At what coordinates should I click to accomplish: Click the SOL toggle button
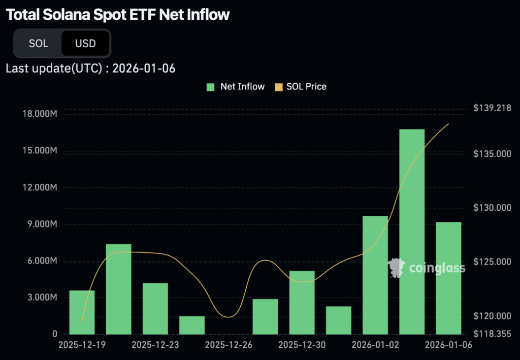pyautogui.click(x=39, y=43)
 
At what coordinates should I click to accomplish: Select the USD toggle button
pyautogui.click(x=85, y=43)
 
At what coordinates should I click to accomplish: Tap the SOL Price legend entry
pyautogui.click(x=301, y=86)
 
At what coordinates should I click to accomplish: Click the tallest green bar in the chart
pyautogui.click(x=411, y=232)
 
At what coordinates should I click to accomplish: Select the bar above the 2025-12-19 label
pyautogui.click(x=82, y=312)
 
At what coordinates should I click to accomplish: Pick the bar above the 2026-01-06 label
pyautogui.click(x=448, y=278)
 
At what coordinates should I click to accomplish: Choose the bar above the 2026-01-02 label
pyautogui.click(x=375, y=275)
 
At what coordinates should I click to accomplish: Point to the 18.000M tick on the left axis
pyautogui.click(x=40, y=114)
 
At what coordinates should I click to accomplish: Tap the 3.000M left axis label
pyautogui.click(x=42, y=298)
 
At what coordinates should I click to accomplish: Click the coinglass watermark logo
pyautogui.click(x=427, y=268)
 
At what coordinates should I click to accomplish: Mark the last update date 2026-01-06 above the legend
pyautogui.click(x=144, y=69)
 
